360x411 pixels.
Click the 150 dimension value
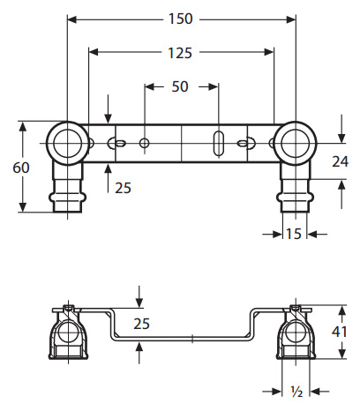tap(180, 19)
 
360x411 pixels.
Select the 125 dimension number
tap(180, 53)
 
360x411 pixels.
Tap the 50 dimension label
tap(180, 86)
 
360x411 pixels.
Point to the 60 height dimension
tap(21, 168)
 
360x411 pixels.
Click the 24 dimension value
tap(340, 161)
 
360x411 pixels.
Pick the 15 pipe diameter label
tap(294, 234)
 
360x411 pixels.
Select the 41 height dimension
tap(339, 332)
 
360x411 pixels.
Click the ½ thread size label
tap(296, 392)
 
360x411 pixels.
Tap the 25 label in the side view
tap(141, 324)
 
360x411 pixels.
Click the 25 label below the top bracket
tap(123, 188)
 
